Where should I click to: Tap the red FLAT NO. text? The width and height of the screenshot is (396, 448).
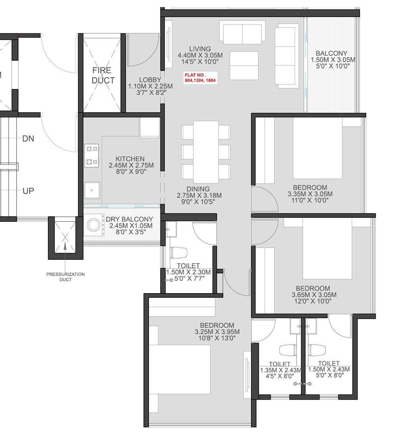point(201,78)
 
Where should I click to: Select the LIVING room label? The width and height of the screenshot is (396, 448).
point(200,49)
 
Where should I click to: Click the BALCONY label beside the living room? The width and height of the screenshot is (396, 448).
point(331,53)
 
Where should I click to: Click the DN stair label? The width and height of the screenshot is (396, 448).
point(28,139)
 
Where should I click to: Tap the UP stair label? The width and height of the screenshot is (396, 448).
point(28,191)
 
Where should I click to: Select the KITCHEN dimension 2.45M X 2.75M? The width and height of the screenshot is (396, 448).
point(131,165)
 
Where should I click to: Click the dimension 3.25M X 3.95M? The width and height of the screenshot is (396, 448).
point(217,332)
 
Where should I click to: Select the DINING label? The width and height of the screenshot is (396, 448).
point(199,189)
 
